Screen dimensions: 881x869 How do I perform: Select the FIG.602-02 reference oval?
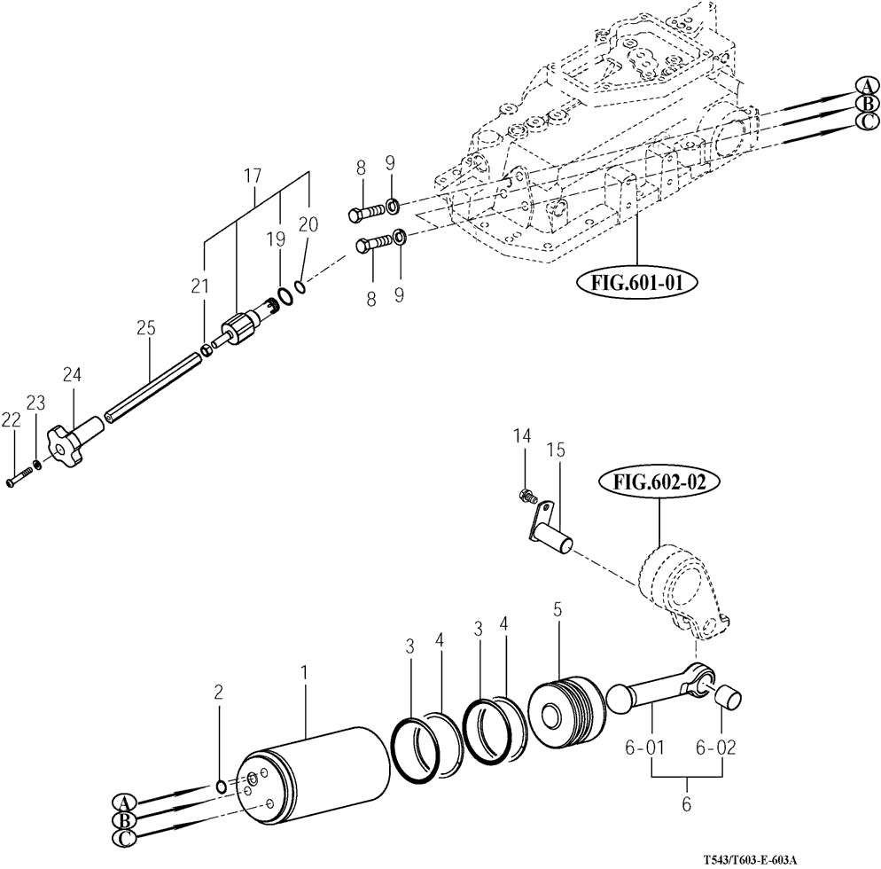click(x=659, y=483)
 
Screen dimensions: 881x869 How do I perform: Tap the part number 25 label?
click(x=145, y=328)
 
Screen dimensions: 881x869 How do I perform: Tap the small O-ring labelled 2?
click(x=222, y=786)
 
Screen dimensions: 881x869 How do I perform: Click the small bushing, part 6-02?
click(x=729, y=700)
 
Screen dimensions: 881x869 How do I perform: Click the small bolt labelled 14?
click(x=527, y=496)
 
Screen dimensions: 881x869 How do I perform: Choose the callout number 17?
click(x=253, y=176)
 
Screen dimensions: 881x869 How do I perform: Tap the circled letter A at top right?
click(x=867, y=86)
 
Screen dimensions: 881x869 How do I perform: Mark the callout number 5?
click(x=557, y=609)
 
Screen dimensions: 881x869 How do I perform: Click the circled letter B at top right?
click(x=868, y=104)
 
